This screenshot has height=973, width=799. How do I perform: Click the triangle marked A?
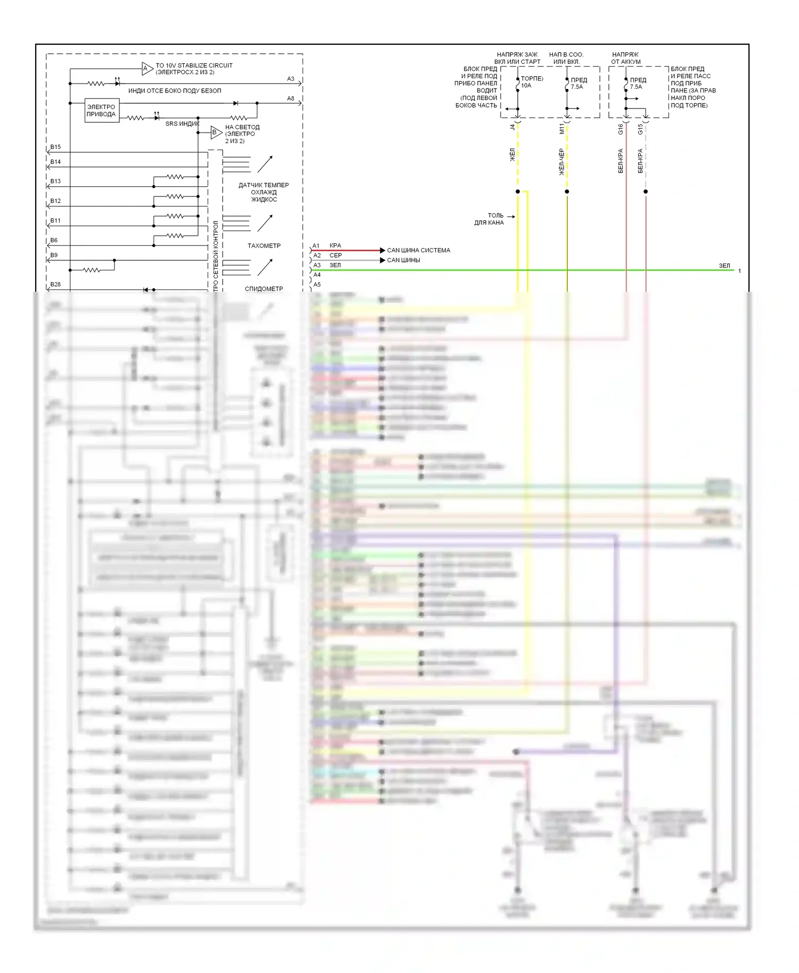click(146, 69)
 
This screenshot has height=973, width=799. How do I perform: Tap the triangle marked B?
click(215, 133)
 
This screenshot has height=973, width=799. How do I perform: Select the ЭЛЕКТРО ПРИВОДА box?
click(101, 111)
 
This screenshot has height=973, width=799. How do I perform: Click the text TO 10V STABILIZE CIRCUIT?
click(194, 65)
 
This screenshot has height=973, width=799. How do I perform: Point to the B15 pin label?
click(55, 147)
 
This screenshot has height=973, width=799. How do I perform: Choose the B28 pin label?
click(55, 284)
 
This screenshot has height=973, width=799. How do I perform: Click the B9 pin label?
click(54, 255)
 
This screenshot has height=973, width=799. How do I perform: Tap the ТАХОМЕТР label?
click(264, 246)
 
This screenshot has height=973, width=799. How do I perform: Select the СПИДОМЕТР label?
click(264, 289)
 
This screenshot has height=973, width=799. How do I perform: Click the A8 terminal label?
click(290, 98)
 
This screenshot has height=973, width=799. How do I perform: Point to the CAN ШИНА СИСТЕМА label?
click(418, 250)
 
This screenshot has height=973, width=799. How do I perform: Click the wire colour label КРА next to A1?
click(335, 246)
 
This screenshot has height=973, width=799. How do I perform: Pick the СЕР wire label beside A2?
click(336, 255)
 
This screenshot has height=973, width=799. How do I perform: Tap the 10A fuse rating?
click(526, 86)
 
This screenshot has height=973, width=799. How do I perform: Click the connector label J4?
click(512, 127)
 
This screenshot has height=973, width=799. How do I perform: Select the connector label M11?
click(561, 128)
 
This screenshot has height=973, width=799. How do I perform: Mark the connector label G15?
click(640, 129)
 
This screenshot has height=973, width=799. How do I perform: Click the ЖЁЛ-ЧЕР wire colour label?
click(561, 162)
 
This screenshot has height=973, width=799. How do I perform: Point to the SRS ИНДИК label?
click(182, 123)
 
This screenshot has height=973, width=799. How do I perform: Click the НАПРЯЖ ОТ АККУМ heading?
click(626, 58)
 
